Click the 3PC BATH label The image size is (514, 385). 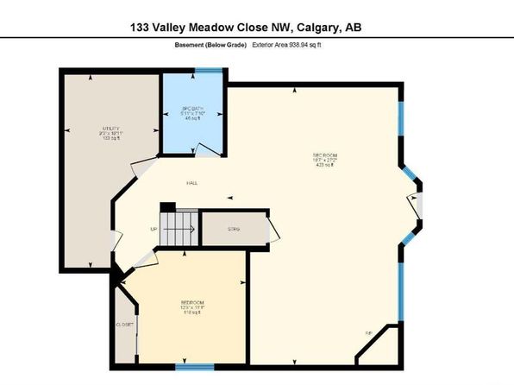191,110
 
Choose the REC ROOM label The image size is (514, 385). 323,155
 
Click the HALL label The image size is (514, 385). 195,183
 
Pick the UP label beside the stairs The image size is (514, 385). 154,230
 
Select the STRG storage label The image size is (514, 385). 233,229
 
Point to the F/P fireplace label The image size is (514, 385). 368,333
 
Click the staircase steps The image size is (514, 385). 179,230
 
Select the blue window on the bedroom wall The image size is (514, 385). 194,367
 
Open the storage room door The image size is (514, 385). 273,230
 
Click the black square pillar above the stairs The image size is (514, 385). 167,208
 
